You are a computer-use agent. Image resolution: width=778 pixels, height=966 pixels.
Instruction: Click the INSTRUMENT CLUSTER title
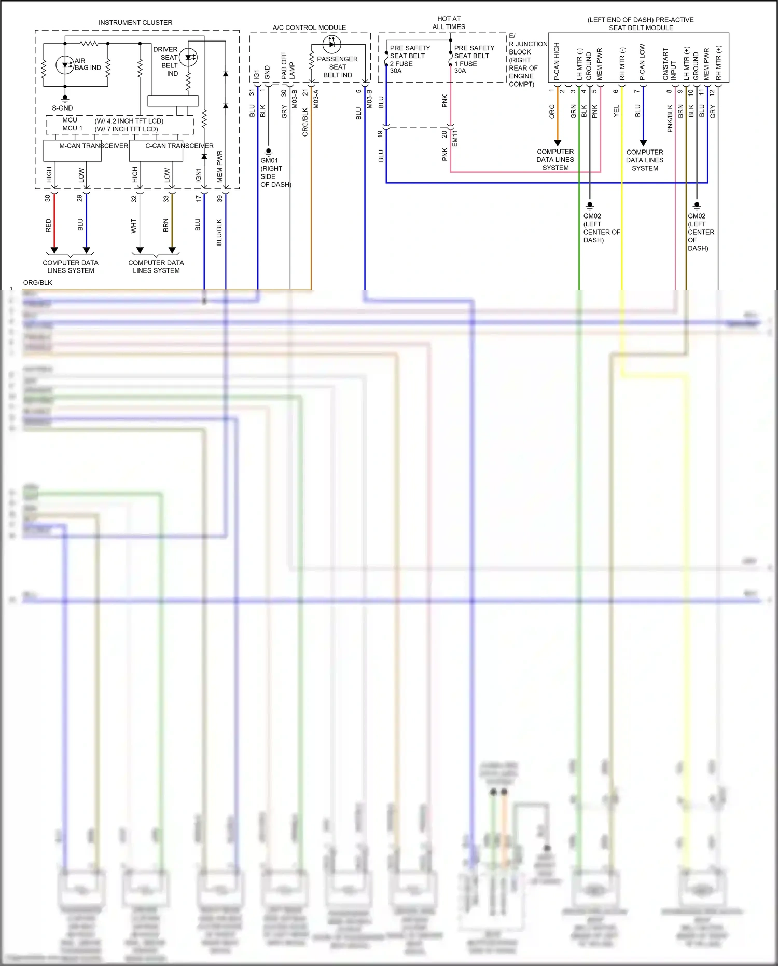point(135,23)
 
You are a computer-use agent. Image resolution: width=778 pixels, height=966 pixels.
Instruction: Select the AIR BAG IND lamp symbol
point(65,65)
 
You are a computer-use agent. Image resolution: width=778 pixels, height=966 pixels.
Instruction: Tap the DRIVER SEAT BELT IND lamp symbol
point(188,57)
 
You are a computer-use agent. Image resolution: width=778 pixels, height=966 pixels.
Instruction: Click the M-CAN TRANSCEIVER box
point(73,151)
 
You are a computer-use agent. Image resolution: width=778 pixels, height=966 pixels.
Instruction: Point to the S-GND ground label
point(62,108)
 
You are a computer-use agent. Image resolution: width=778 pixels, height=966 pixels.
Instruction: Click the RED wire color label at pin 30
point(48,225)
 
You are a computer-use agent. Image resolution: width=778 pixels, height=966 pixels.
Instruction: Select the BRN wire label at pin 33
point(166,225)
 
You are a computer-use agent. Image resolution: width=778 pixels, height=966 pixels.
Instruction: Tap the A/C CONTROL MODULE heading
point(309,28)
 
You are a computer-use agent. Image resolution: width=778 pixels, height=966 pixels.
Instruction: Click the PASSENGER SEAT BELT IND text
point(337,67)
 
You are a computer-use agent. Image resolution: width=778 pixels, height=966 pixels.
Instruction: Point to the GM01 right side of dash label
point(275,172)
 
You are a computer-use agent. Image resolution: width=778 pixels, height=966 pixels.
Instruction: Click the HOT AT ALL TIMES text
point(449,23)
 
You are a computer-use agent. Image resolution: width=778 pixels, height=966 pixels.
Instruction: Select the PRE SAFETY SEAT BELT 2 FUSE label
point(409,59)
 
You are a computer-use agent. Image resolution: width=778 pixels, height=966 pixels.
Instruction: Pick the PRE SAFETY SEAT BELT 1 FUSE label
point(473,59)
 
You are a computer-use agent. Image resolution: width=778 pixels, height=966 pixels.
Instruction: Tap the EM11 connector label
point(455,139)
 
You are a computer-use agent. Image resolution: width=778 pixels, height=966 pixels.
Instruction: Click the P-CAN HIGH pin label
point(557,61)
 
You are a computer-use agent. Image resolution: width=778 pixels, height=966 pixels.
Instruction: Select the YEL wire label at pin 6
point(616,111)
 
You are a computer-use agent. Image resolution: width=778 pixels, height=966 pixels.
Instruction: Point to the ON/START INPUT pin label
point(669,64)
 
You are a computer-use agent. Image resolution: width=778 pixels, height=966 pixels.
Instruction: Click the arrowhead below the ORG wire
point(558,143)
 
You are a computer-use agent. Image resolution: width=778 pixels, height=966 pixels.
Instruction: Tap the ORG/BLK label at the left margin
point(38,283)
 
